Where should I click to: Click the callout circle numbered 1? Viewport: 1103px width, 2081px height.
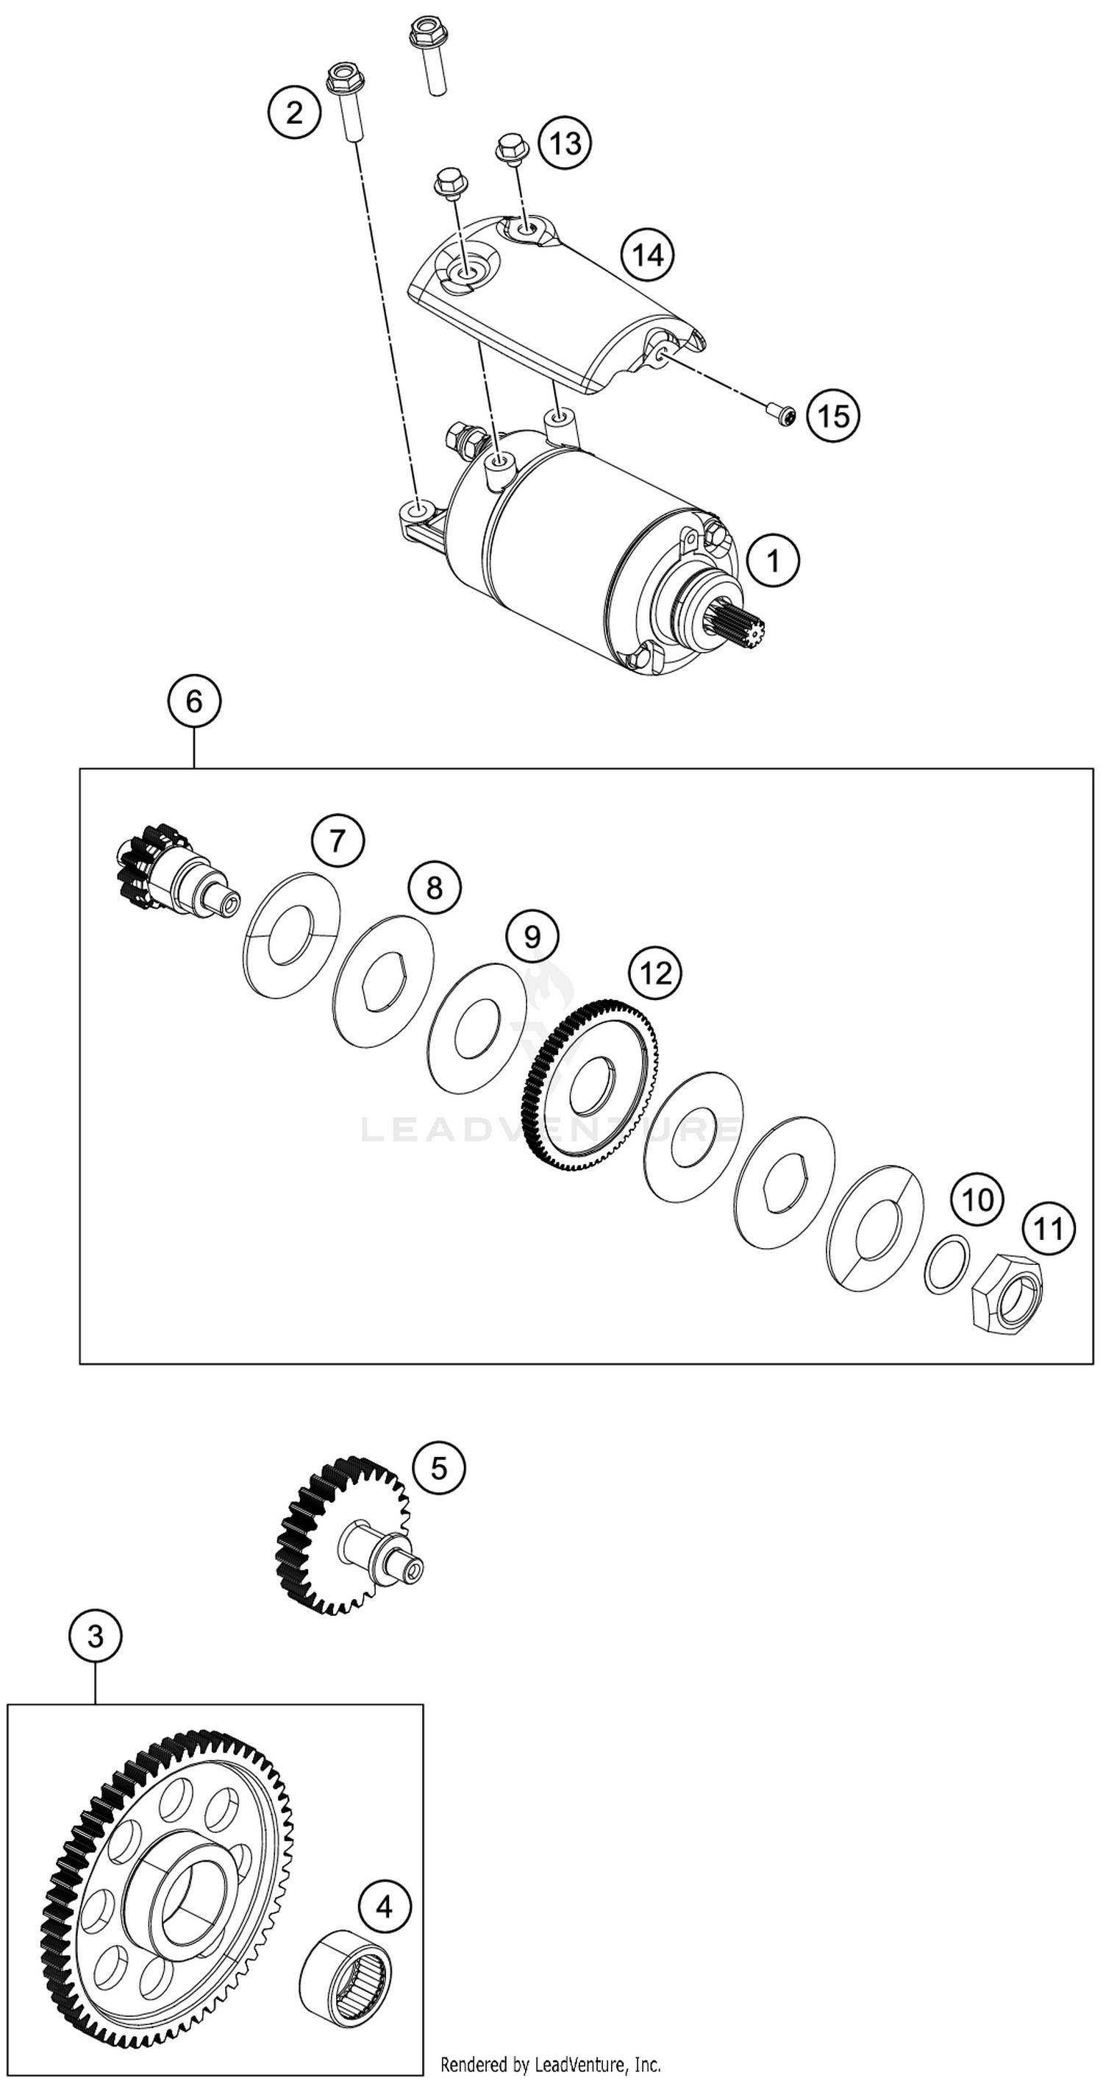tap(773, 561)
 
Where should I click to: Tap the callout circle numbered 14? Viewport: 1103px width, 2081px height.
tap(648, 255)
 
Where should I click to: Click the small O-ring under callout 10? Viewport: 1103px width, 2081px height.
tap(945, 1263)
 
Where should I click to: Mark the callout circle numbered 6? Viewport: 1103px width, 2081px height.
tap(195, 701)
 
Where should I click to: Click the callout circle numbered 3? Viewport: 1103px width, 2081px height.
tap(96, 1637)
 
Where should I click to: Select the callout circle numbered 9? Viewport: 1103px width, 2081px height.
tap(532, 936)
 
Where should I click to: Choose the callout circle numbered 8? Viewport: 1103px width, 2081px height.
tap(435, 888)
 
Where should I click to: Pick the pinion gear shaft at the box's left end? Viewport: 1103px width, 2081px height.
tap(174, 873)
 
